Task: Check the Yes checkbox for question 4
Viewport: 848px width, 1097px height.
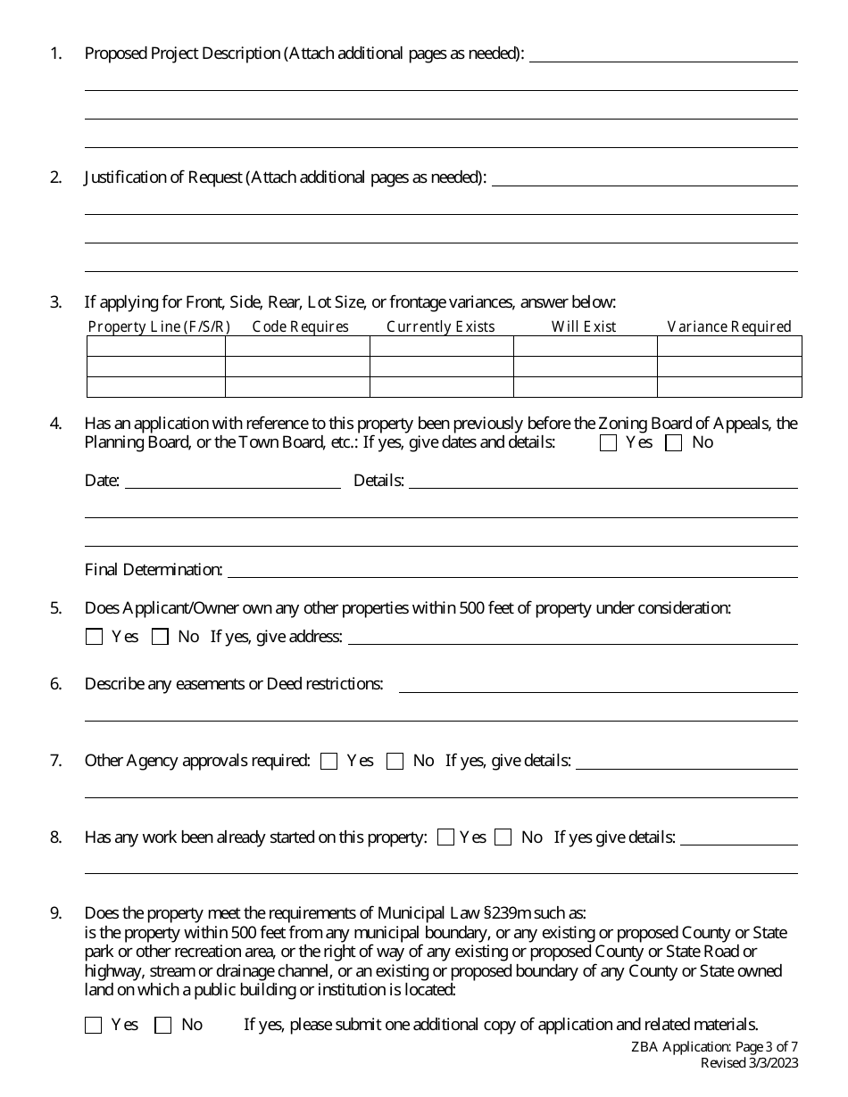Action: coord(609,443)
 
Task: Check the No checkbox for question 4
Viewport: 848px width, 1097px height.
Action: coord(674,443)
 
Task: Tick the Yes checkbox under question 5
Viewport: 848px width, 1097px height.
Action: coord(94,637)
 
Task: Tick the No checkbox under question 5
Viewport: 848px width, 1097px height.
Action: coord(161,637)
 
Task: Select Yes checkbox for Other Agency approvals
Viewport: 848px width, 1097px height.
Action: coord(329,762)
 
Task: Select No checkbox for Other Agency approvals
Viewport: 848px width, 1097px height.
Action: coord(395,762)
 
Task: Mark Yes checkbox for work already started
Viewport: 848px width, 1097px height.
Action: coord(446,837)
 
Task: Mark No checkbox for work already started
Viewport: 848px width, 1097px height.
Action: coord(503,837)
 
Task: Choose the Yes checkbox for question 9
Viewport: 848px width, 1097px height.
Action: coord(94,1026)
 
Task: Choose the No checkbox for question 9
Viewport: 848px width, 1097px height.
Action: coord(163,1026)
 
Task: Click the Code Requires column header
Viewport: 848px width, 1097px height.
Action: coord(301,326)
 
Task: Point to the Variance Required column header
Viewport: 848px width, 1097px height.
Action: coord(729,326)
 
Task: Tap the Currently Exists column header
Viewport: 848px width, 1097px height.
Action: coord(441,326)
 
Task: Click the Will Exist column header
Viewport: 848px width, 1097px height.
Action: coord(584,326)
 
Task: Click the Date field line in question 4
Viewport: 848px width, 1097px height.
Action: coord(232,482)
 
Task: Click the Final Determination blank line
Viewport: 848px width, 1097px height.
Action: coord(512,570)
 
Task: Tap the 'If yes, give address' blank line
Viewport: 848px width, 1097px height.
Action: coord(572,637)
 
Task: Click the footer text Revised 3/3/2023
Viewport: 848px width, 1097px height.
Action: coord(750,1062)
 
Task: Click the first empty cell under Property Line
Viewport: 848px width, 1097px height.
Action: coord(156,346)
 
